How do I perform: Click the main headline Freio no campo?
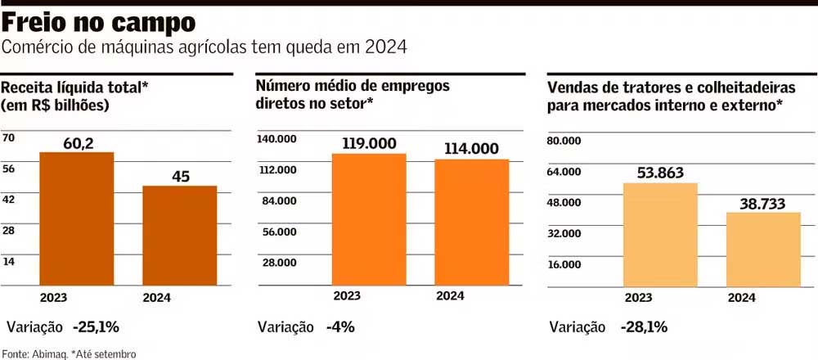click(x=99, y=21)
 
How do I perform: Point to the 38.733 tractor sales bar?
click(x=763, y=249)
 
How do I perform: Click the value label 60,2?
click(x=78, y=144)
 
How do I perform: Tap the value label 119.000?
click(x=369, y=143)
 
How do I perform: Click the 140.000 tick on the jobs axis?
click(x=276, y=139)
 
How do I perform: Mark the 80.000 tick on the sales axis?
click(x=564, y=141)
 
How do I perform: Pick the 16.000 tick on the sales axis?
click(x=564, y=264)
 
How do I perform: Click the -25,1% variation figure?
click(x=96, y=327)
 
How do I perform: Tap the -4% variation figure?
click(x=339, y=327)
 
